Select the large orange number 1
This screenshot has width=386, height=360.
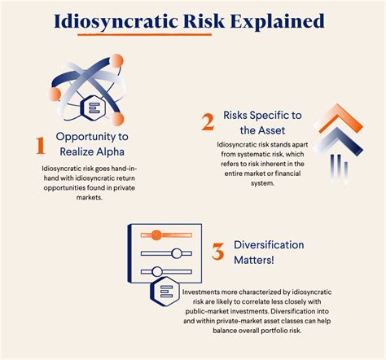pos(37,145)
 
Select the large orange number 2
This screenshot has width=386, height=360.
pos(208,122)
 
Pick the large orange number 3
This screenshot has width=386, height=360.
pos(217,252)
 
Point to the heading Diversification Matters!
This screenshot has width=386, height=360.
pos(269,252)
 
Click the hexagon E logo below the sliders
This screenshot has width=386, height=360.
pos(166,292)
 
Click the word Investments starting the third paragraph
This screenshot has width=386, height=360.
pos(205,291)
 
